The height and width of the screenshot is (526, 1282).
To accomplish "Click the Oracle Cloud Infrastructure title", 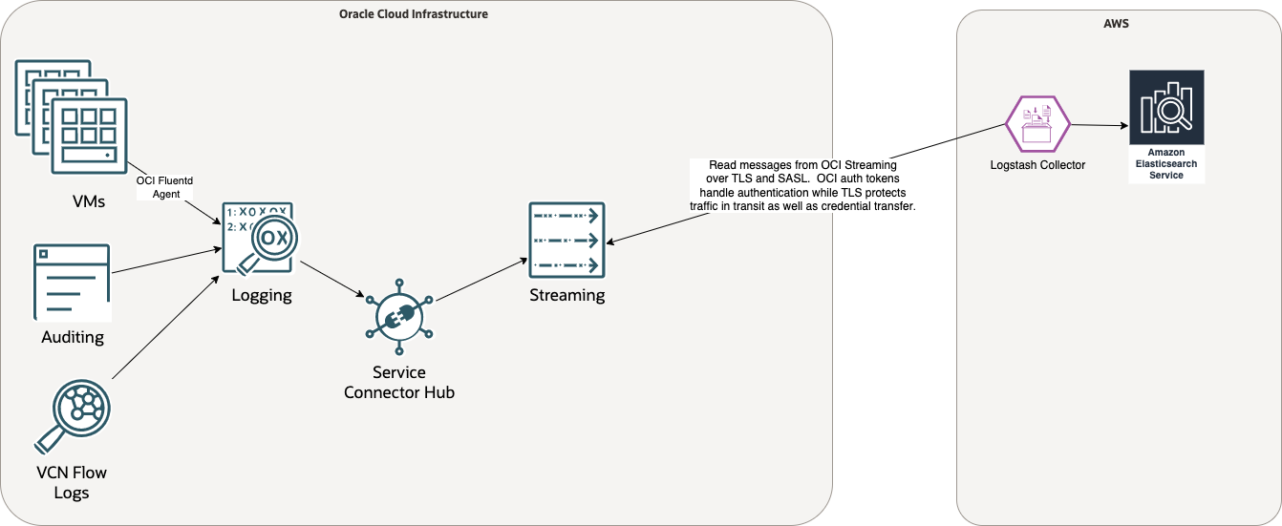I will click(414, 14).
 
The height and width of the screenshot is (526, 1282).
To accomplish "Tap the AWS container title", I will click(1116, 23).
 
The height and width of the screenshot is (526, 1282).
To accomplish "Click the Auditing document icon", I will click(72, 282).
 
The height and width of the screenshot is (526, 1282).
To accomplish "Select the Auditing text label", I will click(73, 337).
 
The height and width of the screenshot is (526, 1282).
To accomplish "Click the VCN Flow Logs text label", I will click(72, 482).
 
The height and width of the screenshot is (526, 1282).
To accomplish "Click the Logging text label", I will click(261, 295).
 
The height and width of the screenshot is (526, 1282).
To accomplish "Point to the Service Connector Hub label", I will click(398, 382).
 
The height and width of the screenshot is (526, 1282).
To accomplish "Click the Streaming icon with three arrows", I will click(566, 240).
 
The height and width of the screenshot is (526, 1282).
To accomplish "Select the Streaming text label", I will click(567, 295).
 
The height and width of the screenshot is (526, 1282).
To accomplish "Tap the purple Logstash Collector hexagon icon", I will click(1037, 123).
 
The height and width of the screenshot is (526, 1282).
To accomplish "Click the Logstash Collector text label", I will click(1037, 165).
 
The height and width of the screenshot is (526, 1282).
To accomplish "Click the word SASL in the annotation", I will click(789, 179).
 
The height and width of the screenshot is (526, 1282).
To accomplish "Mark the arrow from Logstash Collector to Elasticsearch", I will click(1099, 125).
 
